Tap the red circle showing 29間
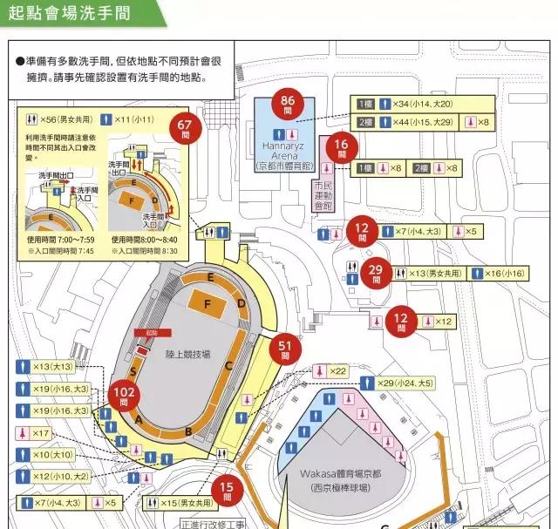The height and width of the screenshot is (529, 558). click(377, 275)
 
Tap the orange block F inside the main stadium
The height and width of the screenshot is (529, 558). click(207, 304)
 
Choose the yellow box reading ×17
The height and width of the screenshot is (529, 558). click(35, 433)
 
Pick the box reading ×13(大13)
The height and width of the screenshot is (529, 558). click(48, 367)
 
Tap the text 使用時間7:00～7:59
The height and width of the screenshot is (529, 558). click(59, 239)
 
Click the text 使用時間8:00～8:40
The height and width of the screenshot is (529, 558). click(144, 239)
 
